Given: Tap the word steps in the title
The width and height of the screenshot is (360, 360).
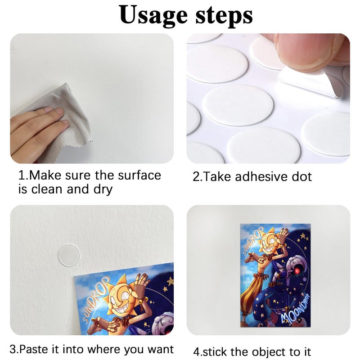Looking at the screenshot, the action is (224, 16).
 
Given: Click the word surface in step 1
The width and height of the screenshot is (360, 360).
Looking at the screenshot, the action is (139, 175).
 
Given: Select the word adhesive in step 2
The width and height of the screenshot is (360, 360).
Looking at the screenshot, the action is (261, 176).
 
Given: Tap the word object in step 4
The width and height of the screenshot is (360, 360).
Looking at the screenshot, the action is (258, 352).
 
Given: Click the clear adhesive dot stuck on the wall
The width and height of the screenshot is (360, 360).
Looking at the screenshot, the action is (68, 255).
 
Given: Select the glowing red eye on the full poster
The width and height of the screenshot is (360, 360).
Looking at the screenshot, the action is (297, 271).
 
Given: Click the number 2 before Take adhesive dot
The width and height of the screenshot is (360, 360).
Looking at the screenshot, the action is (196, 177).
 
